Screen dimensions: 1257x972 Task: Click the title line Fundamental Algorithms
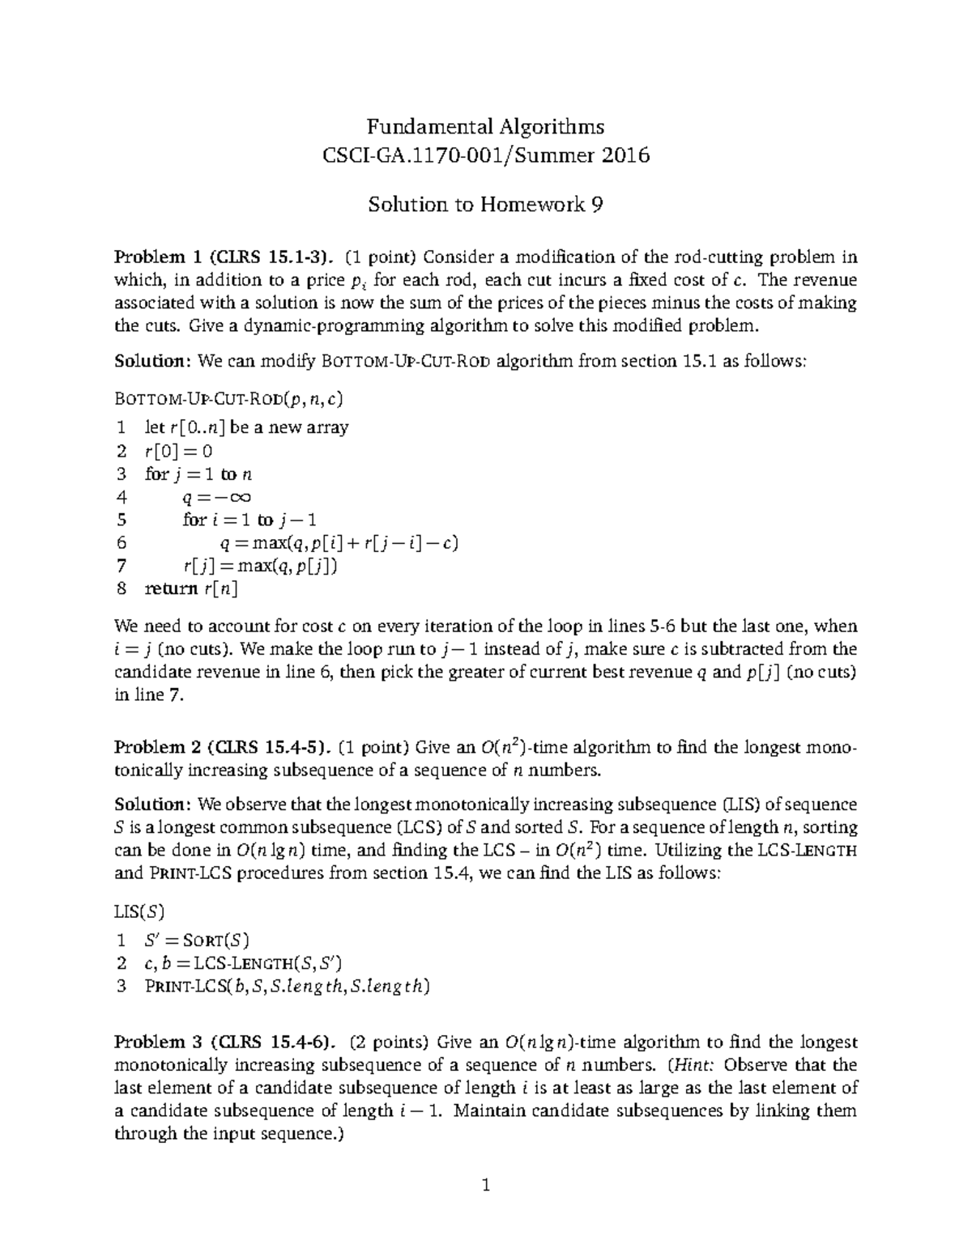(485, 127)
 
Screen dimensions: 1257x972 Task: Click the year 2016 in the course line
(625, 155)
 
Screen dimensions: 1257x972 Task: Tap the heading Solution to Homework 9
(485, 204)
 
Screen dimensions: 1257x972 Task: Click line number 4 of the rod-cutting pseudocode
(122, 497)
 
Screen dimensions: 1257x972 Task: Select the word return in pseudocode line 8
(171, 588)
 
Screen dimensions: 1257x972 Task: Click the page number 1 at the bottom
(486, 1187)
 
